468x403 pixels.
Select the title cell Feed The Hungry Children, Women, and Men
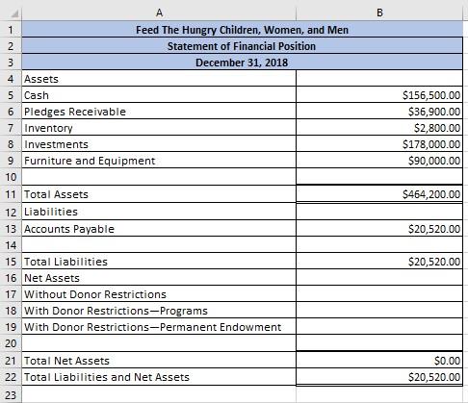pyautogui.click(x=242, y=30)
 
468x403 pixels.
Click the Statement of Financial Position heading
pyautogui.click(x=242, y=46)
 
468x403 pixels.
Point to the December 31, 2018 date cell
pyautogui.click(x=242, y=63)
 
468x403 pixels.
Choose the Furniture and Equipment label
pyautogui.click(x=90, y=161)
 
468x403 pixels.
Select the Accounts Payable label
pyautogui.click(x=69, y=229)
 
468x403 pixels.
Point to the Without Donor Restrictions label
pyautogui.click(x=95, y=294)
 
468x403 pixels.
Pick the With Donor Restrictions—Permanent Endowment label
pyautogui.click(x=153, y=327)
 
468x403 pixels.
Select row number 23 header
pyautogui.click(x=10, y=394)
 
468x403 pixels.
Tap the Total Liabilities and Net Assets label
pyautogui.click(x=107, y=377)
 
